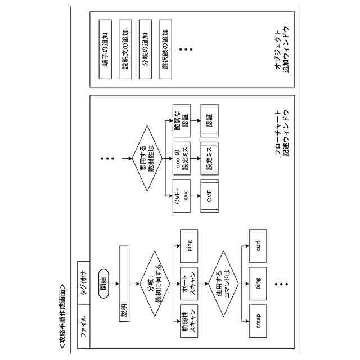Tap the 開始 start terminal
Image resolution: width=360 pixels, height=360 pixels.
pyautogui.click(x=103, y=280)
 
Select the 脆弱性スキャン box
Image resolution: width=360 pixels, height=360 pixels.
pyautogui.click(x=188, y=318)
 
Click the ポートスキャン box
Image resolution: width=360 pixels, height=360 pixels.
pyautogui.click(x=188, y=280)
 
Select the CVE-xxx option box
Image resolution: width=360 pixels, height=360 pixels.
pyautogui.click(x=181, y=196)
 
